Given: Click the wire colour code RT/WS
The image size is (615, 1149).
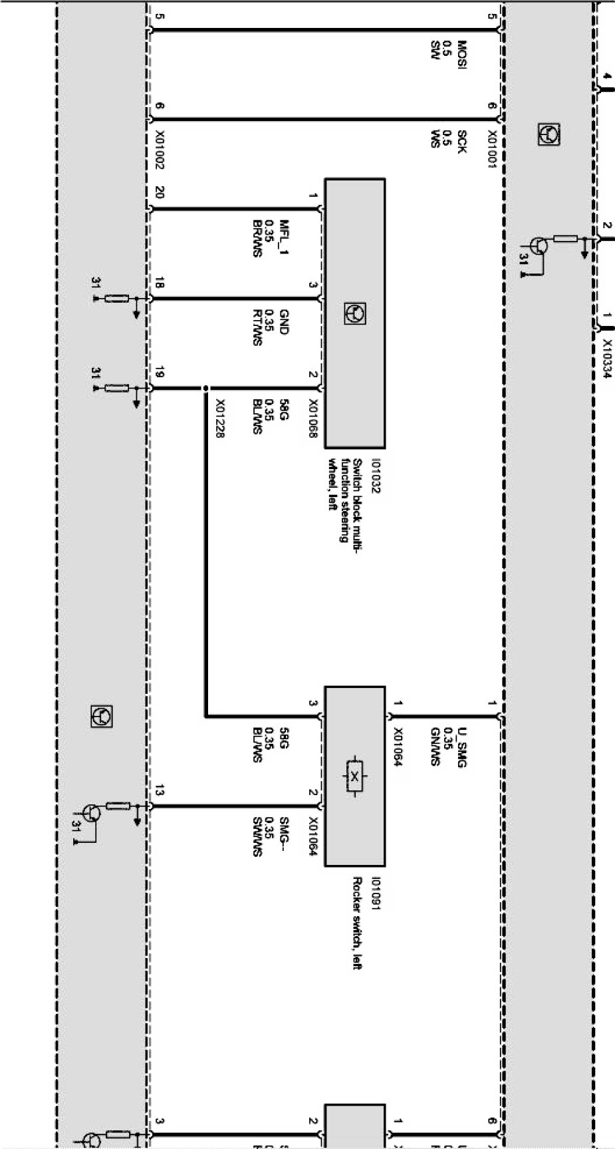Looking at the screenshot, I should click(257, 327).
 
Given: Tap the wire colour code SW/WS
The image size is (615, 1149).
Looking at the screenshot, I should click(257, 836).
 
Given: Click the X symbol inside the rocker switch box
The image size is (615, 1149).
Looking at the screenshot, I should click(354, 776).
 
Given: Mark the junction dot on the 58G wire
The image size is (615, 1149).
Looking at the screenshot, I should click(206, 389).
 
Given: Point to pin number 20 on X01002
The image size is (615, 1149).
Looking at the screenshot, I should click(159, 193).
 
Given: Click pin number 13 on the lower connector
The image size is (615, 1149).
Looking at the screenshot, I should click(159, 792).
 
